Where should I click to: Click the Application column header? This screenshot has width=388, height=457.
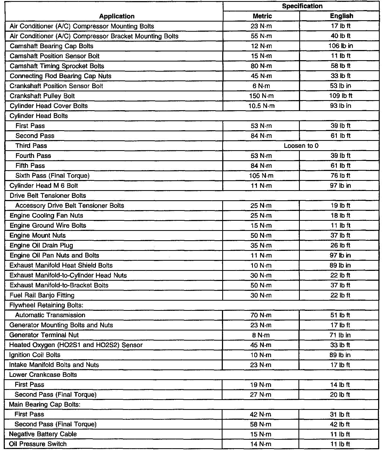(x=117, y=16)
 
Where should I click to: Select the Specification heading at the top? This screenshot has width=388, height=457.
(x=302, y=6)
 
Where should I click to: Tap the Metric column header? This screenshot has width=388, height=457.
(x=262, y=16)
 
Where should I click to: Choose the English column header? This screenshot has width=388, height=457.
(x=341, y=16)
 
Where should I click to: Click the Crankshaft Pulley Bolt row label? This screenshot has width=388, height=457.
(x=42, y=96)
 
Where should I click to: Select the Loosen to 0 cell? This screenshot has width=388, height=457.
(x=301, y=146)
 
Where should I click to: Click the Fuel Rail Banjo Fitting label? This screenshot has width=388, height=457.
(x=42, y=295)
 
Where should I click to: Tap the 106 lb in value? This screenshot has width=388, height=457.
(x=341, y=46)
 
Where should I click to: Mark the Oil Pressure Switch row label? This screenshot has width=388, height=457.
(x=38, y=444)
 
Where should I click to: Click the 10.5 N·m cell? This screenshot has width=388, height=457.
(x=261, y=106)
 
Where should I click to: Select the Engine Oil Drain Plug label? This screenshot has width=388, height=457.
(x=41, y=245)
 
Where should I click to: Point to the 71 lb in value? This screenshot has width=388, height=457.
(x=340, y=335)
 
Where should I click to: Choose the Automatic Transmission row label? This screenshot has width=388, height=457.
(x=50, y=315)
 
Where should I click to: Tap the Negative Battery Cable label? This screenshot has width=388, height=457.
(x=43, y=434)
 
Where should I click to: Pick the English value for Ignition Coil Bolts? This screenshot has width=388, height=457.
(x=340, y=355)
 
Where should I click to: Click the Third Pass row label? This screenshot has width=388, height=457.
(x=31, y=146)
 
